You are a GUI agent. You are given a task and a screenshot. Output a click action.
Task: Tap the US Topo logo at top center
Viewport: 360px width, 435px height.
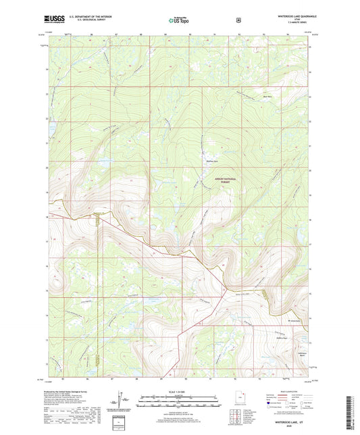(180, 21)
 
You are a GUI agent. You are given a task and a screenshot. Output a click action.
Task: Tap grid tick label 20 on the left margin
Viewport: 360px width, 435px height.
(47, 168)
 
